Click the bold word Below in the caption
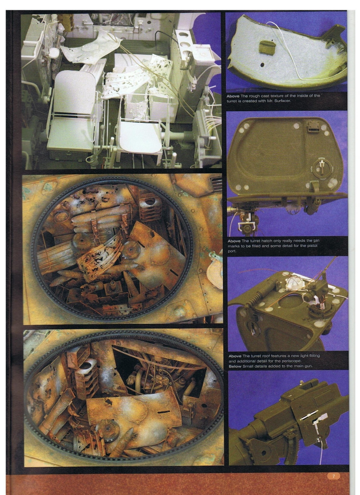235,367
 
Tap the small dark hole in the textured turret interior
262,65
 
